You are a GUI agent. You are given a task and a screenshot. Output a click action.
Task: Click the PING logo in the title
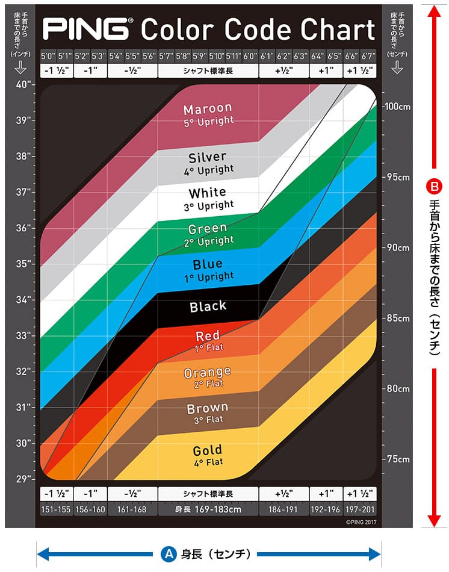click(x=84, y=28)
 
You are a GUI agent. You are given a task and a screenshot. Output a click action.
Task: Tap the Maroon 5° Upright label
click(x=208, y=114)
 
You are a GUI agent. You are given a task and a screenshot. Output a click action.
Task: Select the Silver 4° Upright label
click(x=208, y=163)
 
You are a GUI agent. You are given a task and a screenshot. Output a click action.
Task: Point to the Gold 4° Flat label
click(x=208, y=455)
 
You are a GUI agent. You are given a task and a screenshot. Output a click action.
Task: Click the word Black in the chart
click(x=208, y=306)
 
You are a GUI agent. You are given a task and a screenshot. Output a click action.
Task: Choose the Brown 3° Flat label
click(x=208, y=414)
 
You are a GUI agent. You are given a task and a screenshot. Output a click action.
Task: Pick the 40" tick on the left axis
click(x=24, y=84)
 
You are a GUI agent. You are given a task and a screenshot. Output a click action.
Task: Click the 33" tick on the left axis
click(x=24, y=335)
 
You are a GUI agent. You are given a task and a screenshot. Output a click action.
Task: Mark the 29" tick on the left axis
click(x=24, y=479)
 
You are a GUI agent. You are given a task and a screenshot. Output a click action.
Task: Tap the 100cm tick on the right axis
click(x=397, y=107)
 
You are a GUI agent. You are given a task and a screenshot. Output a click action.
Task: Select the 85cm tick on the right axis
click(x=397, y=318)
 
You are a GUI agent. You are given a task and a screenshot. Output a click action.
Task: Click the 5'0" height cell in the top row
click(x=48, y=56)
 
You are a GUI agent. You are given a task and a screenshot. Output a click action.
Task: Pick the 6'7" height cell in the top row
click(x=368, y=56)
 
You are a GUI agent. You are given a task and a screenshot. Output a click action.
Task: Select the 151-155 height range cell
click(x=56, y=509)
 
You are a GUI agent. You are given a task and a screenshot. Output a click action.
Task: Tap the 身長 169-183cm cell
click(x=208, y=509)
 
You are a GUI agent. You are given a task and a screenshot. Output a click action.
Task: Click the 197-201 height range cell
click(x=360, y=509)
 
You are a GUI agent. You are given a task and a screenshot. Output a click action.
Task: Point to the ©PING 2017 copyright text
click(x=361, y=523)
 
